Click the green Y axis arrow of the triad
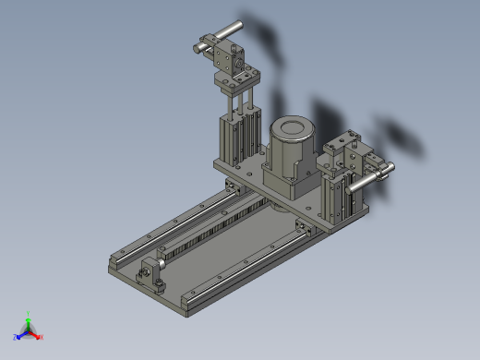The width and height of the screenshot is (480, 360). [28, 318]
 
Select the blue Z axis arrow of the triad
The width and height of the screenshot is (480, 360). [18, 336]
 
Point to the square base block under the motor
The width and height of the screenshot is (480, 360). [292, 182]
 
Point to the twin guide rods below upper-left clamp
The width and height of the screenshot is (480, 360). [238, 101]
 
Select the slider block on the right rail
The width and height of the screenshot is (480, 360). [300, 227]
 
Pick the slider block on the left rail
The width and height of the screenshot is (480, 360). [231, 188]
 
